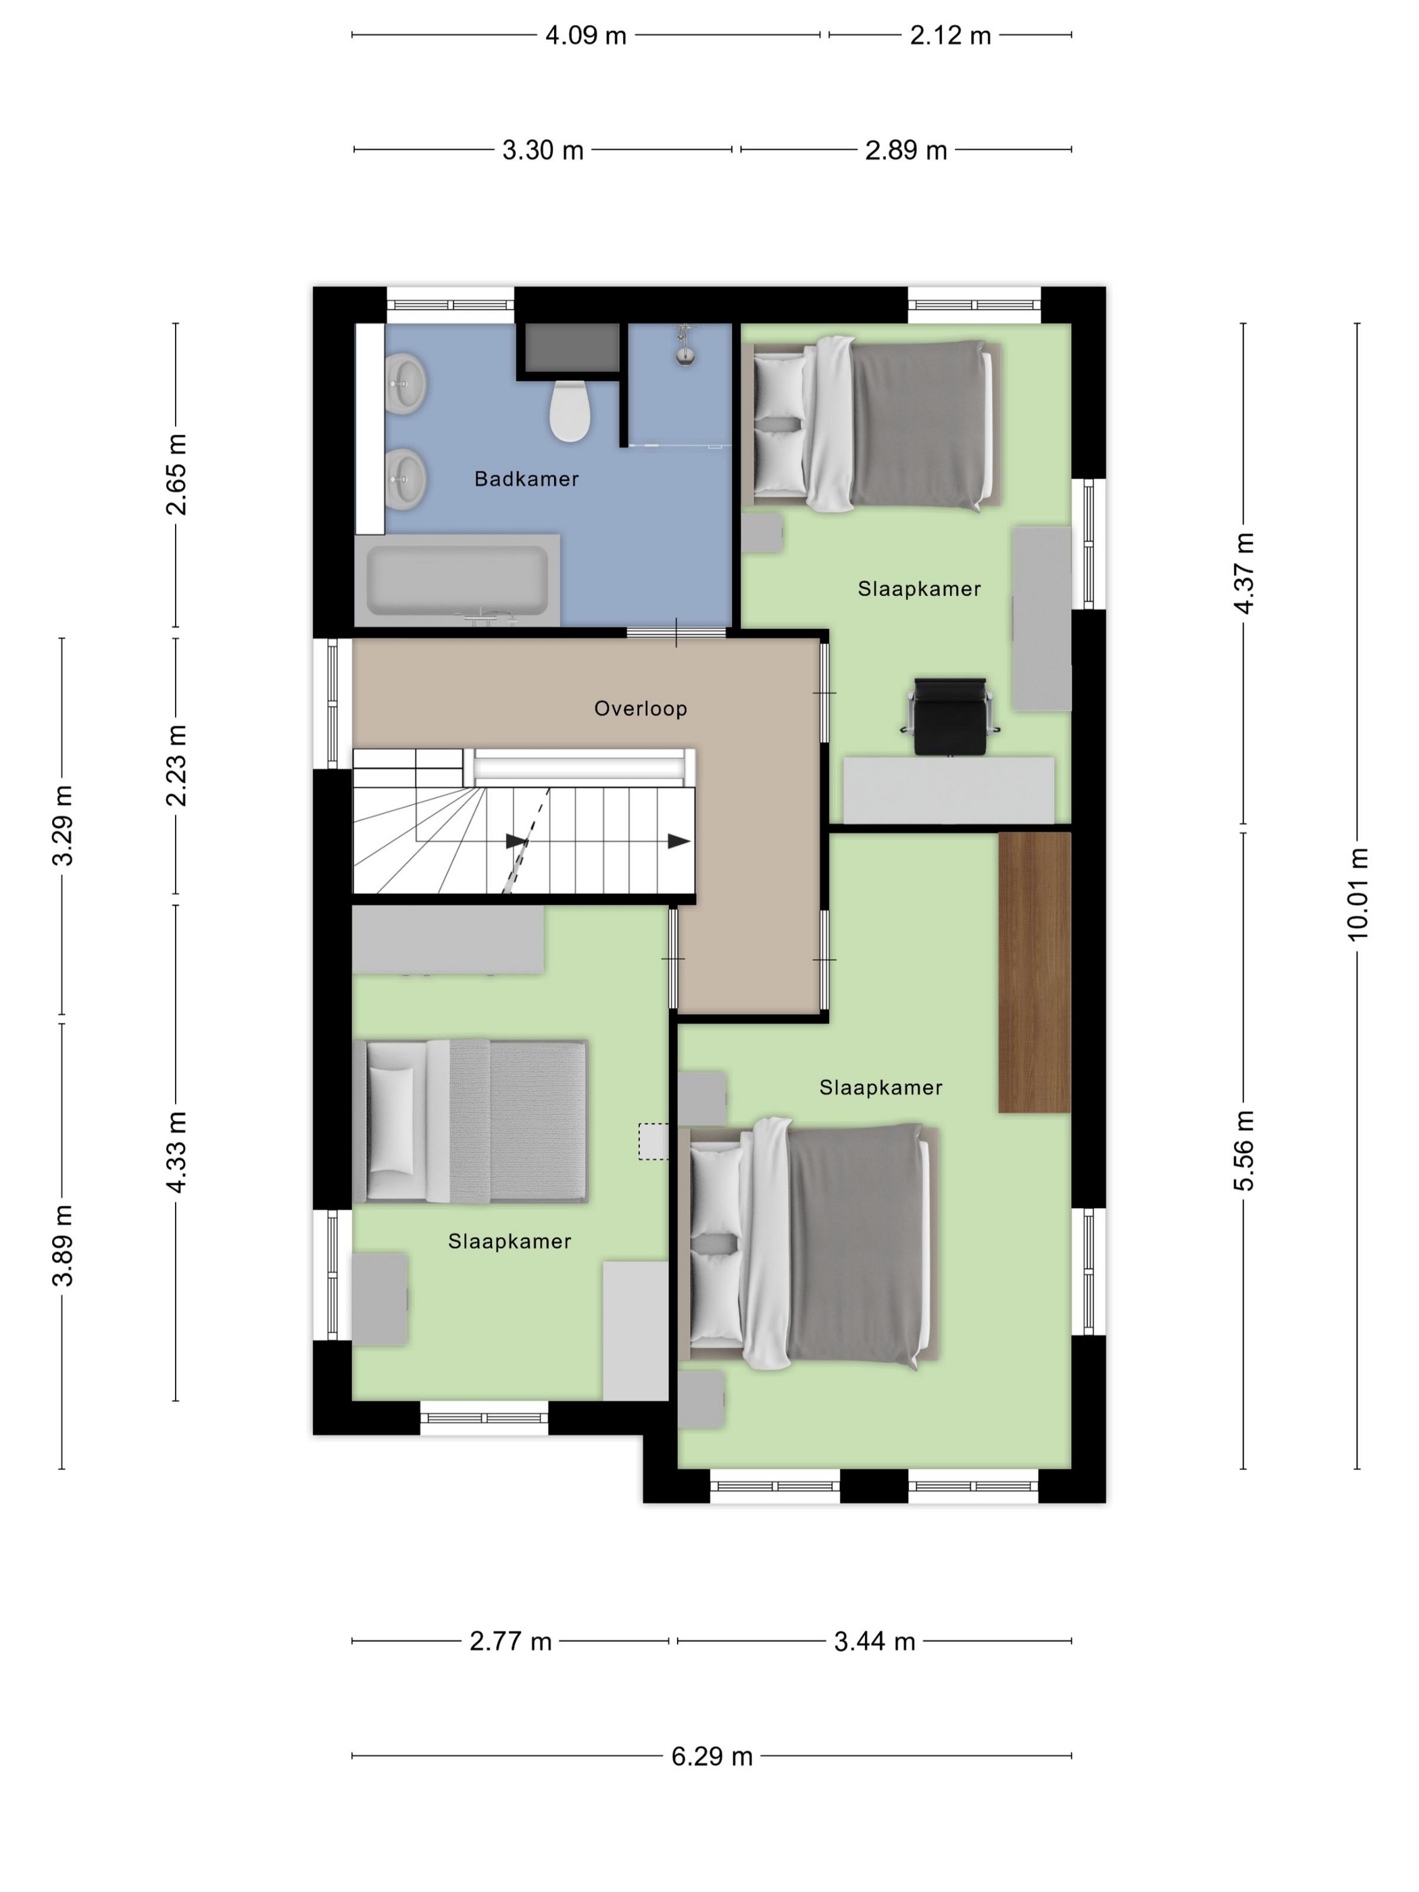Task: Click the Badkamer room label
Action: pyautogui.click(x=526, y=479)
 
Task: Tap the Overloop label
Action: pyautogui.click(x=641, y=708)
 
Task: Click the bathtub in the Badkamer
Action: pyautogui.click(x=457, y=580)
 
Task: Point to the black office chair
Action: pyautogui.click(x=949, y=717)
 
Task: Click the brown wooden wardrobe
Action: pyautogui.click(x=1034, y=972)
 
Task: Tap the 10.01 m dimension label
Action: pyautogui.click(x=1358, y=895)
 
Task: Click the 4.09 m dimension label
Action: pyautogui.click(x=586, y=36)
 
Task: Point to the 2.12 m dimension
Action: pyautogui.click(x=950, y=36)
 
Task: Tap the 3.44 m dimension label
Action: pyautogui.click(x=874, y=1641)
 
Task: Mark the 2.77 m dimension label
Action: pyautogui.click(x=511, y=1641)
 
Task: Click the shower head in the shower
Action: pyautogui.click(x=684, y=347)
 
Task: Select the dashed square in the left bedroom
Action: pyautogui.click(x=654, y=1141)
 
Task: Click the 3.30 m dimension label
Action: pyautogui.click(x=543, y=151)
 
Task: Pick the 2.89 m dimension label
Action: pyautogui.click(x=906, y=151)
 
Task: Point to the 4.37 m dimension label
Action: pyautogui.click(x=1244, y=573)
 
